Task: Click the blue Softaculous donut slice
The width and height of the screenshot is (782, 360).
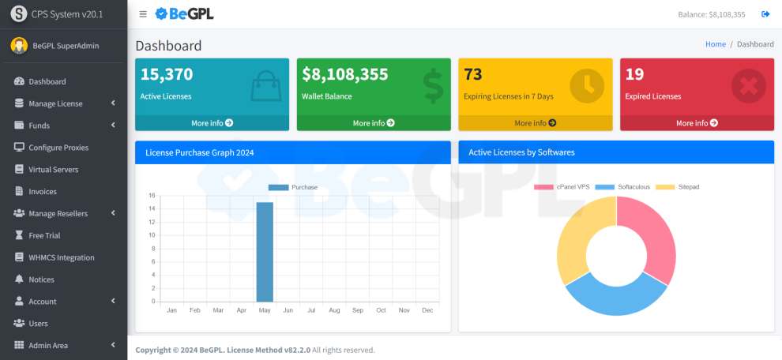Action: [612, 296]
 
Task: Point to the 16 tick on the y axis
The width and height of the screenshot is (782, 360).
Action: [152, 196]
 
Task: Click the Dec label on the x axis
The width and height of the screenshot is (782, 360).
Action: [427, 311]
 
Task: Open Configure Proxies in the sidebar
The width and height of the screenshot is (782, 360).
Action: [58, 148]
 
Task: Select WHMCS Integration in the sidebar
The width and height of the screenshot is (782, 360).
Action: [61, 257]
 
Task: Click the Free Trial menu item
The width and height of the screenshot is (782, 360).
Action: [44, 235]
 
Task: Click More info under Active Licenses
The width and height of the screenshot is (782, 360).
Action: [212, 123]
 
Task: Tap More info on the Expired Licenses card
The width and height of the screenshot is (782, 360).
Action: [697, 123]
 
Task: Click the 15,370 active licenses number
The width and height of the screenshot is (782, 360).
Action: [167, 75]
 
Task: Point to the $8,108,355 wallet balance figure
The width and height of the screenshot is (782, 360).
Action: [345, 75]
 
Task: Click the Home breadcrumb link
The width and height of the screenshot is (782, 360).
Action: [715, 44]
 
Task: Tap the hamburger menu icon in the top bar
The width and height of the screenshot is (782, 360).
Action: [142, 14]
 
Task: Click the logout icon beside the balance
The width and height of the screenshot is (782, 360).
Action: [765, 14]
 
